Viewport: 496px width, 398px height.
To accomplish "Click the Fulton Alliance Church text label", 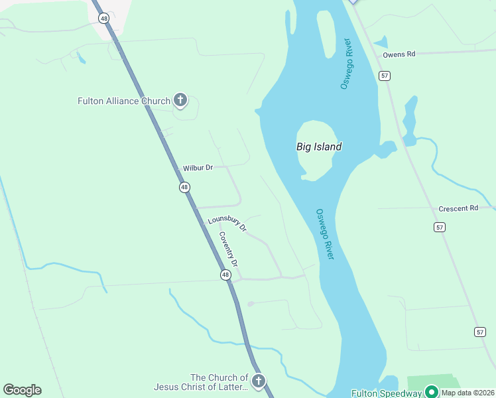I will point(124,101).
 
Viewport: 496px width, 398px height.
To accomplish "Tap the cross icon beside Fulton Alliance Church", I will point(180,101).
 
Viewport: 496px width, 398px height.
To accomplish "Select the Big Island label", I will point(319,147).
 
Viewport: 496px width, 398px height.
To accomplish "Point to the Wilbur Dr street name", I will point(198,168).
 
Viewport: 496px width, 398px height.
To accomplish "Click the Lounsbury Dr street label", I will point(227,224).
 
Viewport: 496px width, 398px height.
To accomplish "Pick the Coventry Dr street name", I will point(227,249).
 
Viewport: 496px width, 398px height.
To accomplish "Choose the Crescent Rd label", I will point(458,208).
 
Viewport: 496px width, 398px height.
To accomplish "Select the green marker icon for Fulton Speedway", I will point(432,392).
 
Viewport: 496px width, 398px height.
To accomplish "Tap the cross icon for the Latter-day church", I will point(259,381).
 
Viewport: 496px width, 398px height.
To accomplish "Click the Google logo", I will point(22,390).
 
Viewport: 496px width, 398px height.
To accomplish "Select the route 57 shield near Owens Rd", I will point(385,76).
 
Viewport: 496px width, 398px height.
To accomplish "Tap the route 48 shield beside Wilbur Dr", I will point(184,188).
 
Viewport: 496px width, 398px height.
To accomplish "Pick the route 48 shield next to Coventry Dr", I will point(225,275).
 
